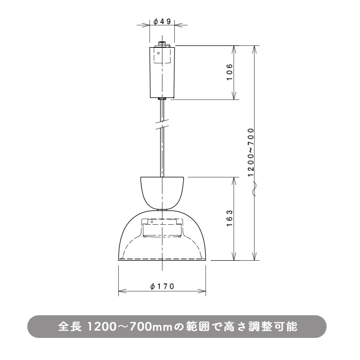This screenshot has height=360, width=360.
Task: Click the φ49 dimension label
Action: (x=162, y=22)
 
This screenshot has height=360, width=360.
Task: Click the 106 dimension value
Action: (x=229, y=73)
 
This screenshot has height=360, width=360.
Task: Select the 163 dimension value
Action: (x=229, y=219)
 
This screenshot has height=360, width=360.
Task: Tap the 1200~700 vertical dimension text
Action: (x=251, y=152)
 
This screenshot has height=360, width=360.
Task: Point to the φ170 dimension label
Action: (x=163, y=286)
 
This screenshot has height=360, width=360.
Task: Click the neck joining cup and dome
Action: (x=163, y=208)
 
